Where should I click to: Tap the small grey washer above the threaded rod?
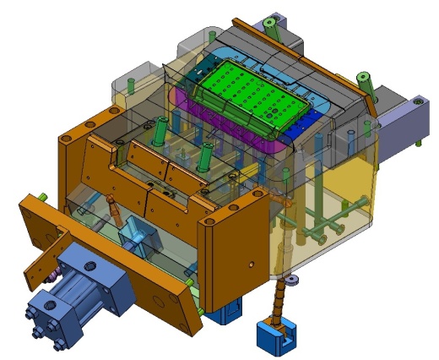pyautogui.click(x=291, y=280)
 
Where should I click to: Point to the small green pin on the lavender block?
pyautogui.click(x=417, y=100)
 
